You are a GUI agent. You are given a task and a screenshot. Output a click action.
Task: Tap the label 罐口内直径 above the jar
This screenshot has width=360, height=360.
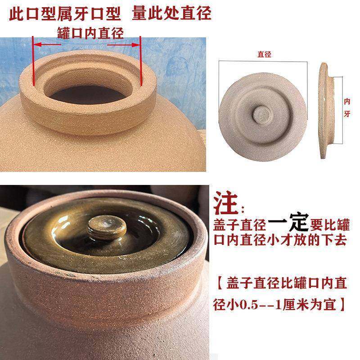click(x=90, y=32)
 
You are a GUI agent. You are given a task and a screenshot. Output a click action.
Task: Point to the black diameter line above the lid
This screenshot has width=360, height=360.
click(x=264, y=61)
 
